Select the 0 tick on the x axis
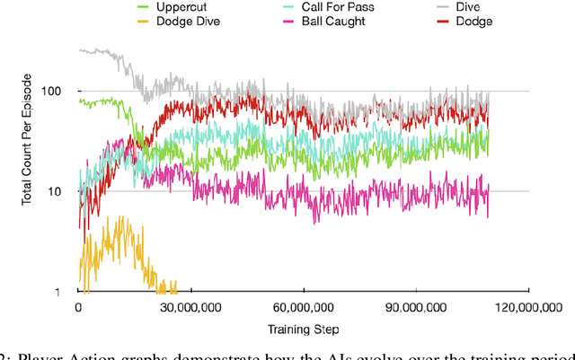(x=78, y=306)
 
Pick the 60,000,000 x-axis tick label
(x=303, y=306)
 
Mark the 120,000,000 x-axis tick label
(x=526, y=306)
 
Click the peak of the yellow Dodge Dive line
(x=110, y=216)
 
